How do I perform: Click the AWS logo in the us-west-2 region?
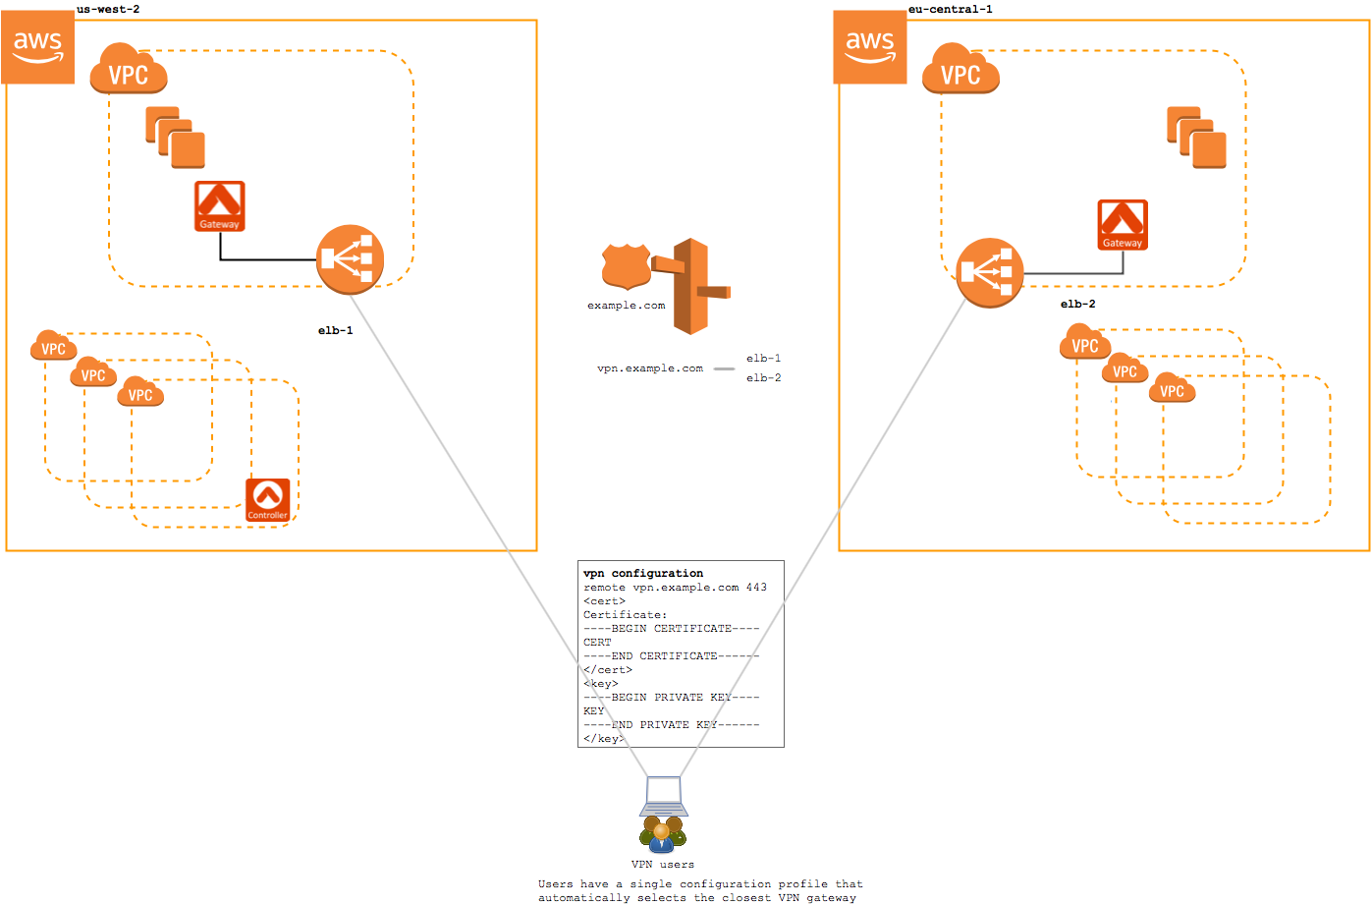click(38, 47)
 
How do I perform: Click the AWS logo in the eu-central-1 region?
click(870, 47)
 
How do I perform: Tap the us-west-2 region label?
click(108, 9)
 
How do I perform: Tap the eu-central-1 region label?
click(950, 9)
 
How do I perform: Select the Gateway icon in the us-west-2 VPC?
click(219, 206)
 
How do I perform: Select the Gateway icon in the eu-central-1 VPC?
click(1123, 225)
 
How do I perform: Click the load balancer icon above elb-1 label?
click(350, 259)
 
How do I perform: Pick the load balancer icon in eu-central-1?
click(990, 272)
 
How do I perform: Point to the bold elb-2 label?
click(1077, 305)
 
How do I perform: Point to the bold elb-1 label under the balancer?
click(335, 331)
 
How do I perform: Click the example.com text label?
click(626, 306)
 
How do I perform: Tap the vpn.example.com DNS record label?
click(650, 368)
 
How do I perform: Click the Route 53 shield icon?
click(627, 265)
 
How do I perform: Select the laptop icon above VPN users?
click(664, 796)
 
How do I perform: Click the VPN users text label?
click(663, 865)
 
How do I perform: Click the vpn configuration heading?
click(643, 573)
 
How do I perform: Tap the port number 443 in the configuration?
click(756, 588)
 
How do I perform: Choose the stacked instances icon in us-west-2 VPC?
click(176, 138)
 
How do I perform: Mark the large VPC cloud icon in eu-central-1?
click(960, 70)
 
